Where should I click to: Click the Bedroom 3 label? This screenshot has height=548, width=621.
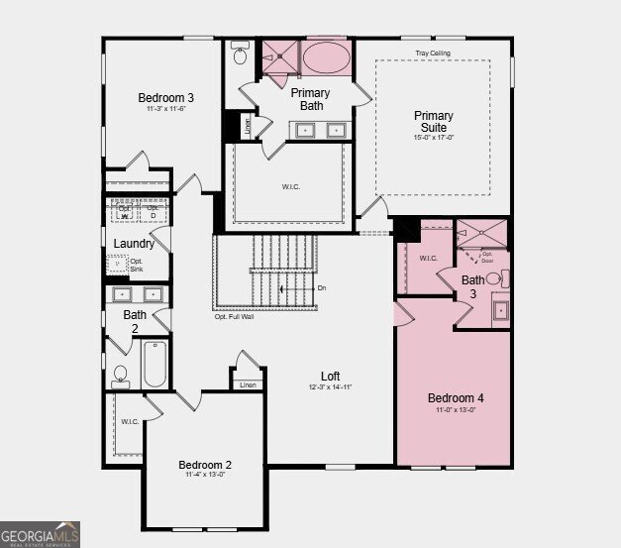[x=165, y=97]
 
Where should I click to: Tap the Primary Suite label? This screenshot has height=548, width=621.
[x=433, y=122]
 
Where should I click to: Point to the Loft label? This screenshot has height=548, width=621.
[x=330, y=376]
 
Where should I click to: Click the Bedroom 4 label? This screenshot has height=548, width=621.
[x=456, y=398]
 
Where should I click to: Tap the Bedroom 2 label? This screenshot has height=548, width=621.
[x=205, y=465]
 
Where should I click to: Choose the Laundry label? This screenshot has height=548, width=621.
[x=134, y=244]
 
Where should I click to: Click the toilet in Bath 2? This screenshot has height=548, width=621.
[x=121, y=376]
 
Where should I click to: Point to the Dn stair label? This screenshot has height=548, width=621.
[x=322, y=288]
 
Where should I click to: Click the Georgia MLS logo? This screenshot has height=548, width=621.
[x=40, y=534]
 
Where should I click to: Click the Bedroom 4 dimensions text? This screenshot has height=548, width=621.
[x=456, y=410]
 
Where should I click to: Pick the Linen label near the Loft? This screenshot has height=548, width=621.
[x=248, y=385]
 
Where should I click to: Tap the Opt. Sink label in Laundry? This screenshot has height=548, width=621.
[x=137, y=266]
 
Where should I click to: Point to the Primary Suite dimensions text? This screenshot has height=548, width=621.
[x=433, y=138]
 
